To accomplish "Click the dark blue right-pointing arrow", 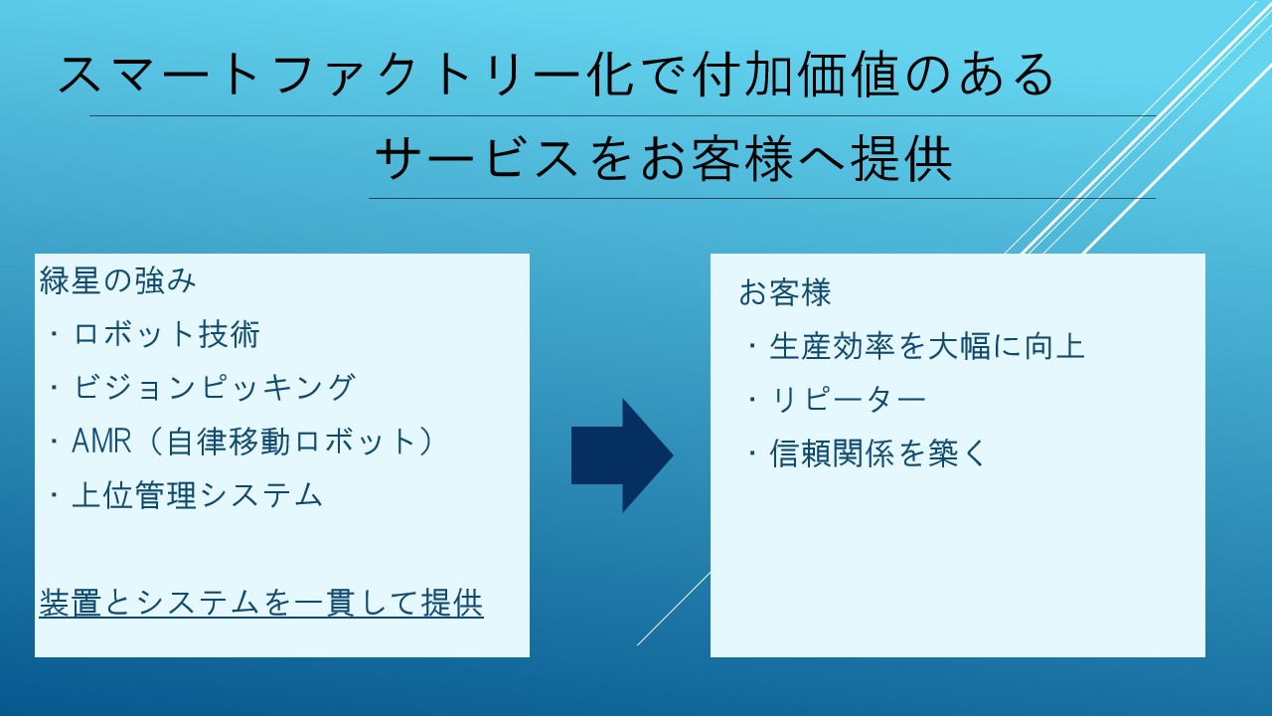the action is coord(622,455).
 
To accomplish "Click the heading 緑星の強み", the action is coord(117,280).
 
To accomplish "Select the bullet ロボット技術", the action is coord(166,334).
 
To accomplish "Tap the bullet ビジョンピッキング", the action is coord(214,388).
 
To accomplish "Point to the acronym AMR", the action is coord(101,442).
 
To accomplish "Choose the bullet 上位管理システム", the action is coord(198,495).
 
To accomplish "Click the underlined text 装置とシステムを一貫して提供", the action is coord(261,603).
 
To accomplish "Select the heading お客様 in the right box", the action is coord(785,292).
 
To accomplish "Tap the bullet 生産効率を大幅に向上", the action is coord(927,347).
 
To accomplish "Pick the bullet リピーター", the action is coord(848,400).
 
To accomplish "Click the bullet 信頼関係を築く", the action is coord(877,453).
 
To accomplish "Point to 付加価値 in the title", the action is coord(796,74).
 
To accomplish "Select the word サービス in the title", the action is coord(478,158).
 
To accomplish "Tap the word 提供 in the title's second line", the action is coord(901,158).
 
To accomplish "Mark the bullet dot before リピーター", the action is coord(752,400).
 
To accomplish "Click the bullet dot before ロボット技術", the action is coord(55,334).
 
